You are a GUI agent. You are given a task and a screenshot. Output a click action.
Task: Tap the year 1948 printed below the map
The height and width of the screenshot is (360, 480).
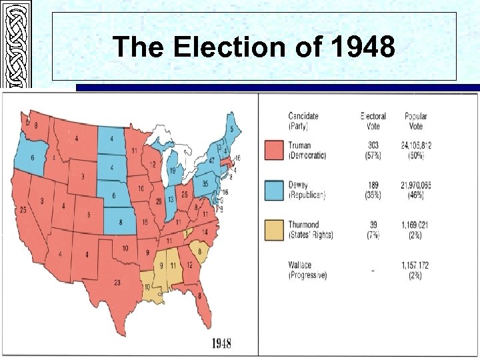221,344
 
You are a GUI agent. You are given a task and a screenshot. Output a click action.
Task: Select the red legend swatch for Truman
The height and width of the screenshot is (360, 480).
274,150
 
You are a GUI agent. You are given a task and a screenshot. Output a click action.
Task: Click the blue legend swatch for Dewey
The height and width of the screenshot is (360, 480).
274,190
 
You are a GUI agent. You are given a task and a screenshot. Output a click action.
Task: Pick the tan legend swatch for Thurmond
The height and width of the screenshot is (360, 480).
274,230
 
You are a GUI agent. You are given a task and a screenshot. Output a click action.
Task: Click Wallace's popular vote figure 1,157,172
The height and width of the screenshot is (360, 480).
416,265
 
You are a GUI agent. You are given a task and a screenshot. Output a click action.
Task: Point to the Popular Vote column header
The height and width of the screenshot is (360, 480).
416,120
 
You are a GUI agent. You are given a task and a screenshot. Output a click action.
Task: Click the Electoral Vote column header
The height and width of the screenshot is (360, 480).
373,120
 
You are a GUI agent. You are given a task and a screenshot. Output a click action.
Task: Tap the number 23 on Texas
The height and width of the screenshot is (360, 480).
117,282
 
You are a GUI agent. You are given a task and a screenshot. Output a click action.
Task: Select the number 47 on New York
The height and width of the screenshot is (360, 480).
212,161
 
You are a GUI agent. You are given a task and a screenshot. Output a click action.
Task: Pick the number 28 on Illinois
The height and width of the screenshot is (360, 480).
159,201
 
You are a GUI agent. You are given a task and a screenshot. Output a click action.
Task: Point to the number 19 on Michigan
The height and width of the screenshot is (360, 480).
172,171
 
